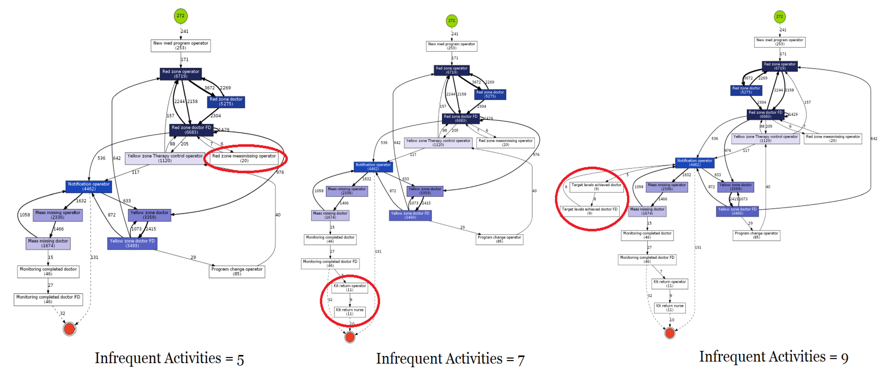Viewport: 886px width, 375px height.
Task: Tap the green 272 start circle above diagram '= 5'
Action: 181,16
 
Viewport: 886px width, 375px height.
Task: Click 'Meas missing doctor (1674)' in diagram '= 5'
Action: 48,243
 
